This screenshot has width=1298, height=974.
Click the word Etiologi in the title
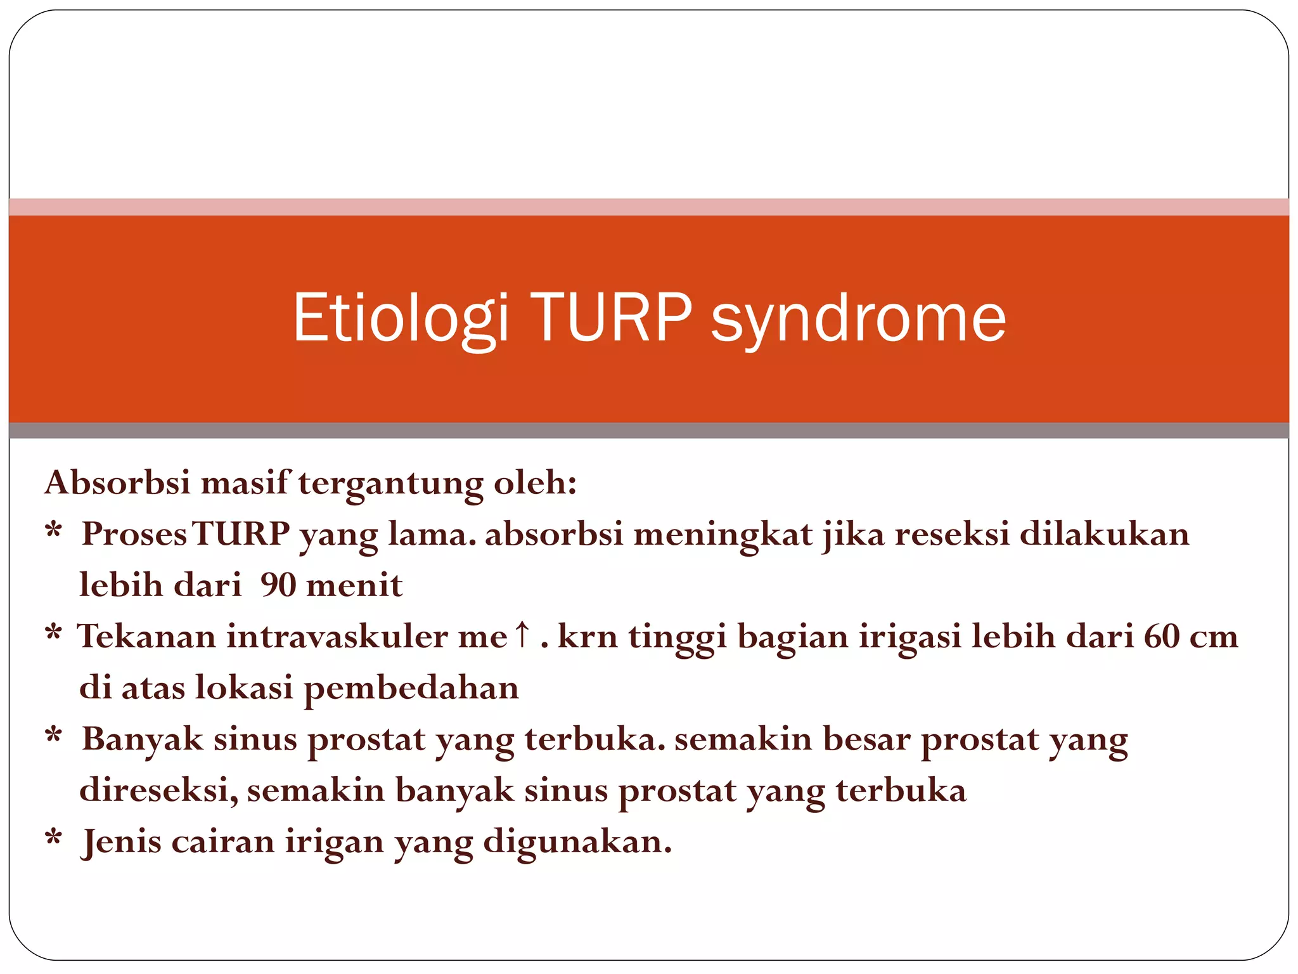pyautogui.click(x=401, y=318)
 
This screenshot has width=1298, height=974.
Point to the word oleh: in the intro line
pyautogui.click(x=535, y=483)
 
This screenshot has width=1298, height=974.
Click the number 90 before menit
pyautogui.click(x=278, y=585)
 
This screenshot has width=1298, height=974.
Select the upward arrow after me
pyautogui.click(x=521, y=634)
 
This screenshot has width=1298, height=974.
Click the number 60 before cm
pyautogui.click(x=1162, y=636)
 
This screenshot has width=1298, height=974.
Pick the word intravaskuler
pyautogui.click(x=337, y=636)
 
